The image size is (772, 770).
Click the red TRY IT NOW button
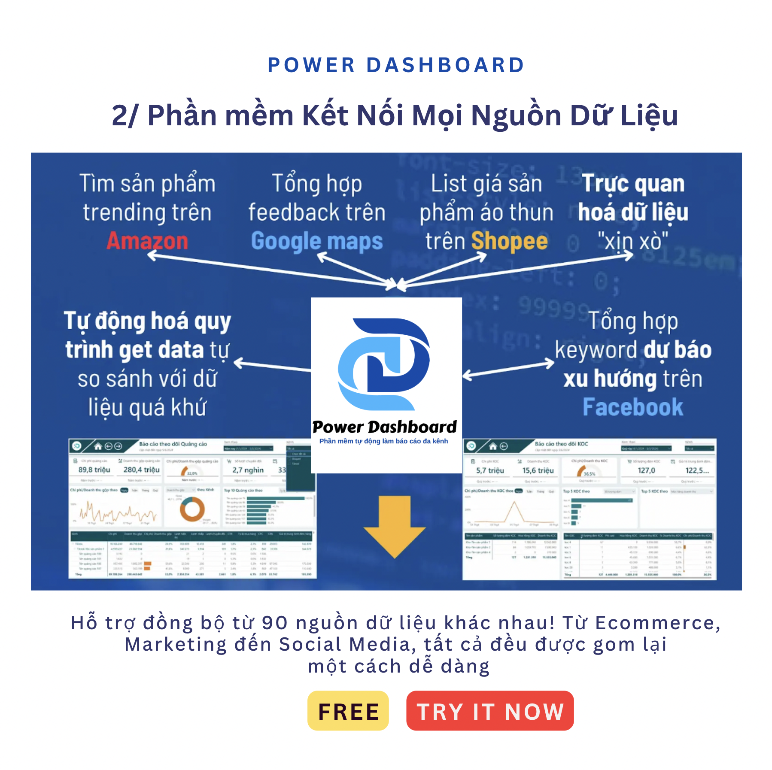[x=489, y=711]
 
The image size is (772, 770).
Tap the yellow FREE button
[x=348, y=711]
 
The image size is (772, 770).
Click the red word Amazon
[x=147, y=241]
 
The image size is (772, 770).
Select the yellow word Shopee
[x=509, y=241]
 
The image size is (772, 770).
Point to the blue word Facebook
[x=632, y=407]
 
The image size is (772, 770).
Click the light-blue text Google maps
[x=317, y=242]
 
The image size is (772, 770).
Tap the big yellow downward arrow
[x=395, y=526]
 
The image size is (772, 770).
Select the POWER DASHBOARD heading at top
[x=396, y=65]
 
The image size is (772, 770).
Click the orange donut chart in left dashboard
[x=192, y=509]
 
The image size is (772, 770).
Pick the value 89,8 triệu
[x=94, y=470]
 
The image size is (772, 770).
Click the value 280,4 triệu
[x=141, y=470]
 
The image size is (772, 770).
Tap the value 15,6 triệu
[x=538, y=471]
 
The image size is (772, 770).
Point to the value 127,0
[x=646, y=471]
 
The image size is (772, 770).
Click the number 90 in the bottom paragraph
[x=274, y=623]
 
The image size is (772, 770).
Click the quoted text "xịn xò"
[x=632, y=242]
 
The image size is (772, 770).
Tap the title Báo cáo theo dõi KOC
[x=561, y=444]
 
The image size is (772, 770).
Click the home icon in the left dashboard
[x=98, y=446]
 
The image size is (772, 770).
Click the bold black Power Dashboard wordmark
[x=384, y=427]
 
